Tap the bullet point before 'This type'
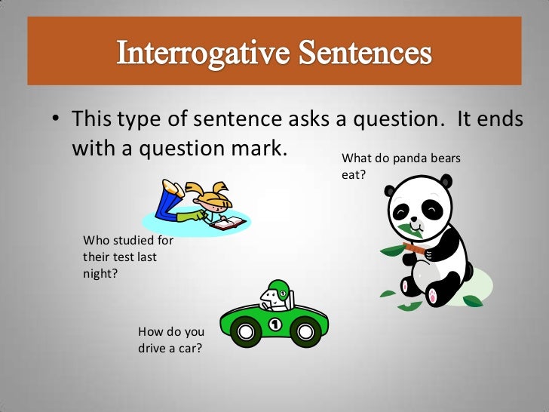tap(56, 121)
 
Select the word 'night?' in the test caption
tap(100, 273)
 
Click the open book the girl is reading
tap(228, 223)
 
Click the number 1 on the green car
tap(274, 324)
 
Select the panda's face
tap(419, 208)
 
